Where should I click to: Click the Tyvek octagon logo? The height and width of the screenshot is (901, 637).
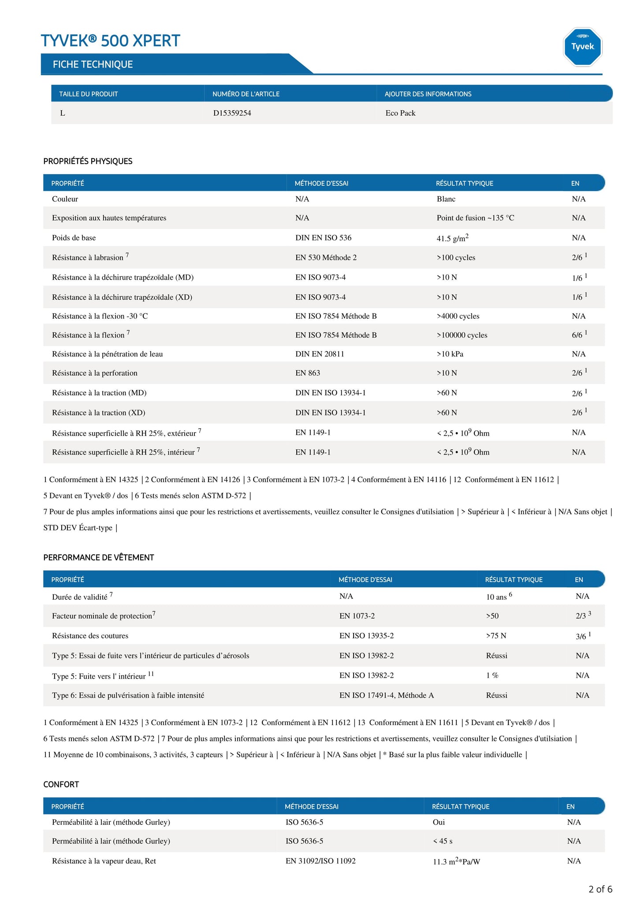coord(582,47)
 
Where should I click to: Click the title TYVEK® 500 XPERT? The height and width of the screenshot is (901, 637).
coord(110,41)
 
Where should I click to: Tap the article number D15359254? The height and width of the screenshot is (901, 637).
coord(232,113)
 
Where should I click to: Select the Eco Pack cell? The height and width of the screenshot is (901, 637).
coord(400,113)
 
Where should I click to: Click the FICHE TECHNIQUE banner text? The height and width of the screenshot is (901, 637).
coord(93,64)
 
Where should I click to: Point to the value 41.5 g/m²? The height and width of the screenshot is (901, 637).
coord(452,238)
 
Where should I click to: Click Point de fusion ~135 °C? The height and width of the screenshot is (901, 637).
coord(475,218)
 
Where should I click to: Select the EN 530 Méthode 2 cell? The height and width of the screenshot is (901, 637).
coord(326,258)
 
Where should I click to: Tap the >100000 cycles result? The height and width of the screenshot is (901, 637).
coord(462,335)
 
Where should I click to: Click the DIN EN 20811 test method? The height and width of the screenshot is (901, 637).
coord(320,354)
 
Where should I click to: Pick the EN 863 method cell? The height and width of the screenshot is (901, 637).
coord(308,373)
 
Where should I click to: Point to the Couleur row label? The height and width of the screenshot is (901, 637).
coord(65,199)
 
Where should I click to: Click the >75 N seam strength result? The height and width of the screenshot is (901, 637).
coord(496,636)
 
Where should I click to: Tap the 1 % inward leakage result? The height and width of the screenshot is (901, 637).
coord(492,675)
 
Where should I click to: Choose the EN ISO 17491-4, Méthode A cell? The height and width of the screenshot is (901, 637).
coord(386,695)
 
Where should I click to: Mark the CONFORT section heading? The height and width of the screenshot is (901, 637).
coord(61,784)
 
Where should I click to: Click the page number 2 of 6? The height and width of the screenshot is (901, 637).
coord(600,889)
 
